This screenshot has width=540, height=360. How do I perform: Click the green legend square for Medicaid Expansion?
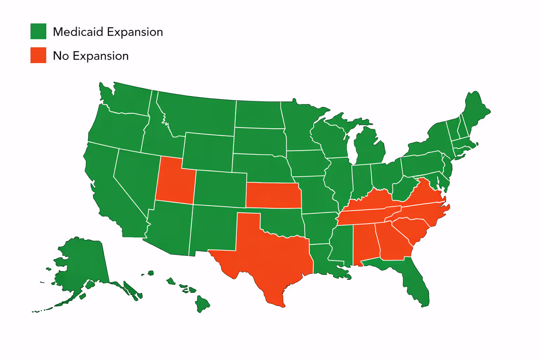point(38,31)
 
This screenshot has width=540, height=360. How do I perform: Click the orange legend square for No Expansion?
point(38,55)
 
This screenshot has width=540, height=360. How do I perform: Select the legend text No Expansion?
point(91,56)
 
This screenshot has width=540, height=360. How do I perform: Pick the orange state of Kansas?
point(273,195)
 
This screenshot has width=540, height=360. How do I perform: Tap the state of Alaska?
point(81,264)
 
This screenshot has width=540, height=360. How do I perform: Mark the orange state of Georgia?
point(392,243)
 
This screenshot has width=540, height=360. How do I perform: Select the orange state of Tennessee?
point(366,216)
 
